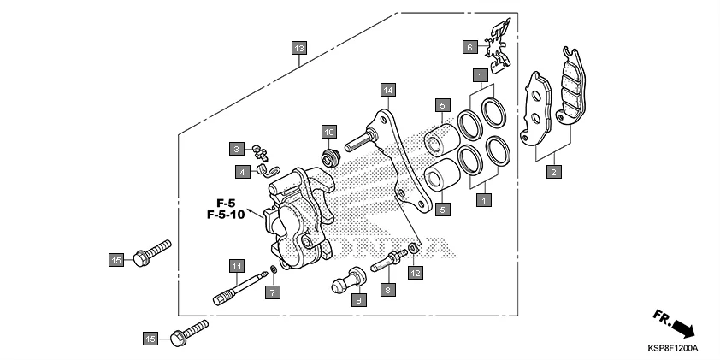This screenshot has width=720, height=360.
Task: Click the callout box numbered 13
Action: tap(298, 49)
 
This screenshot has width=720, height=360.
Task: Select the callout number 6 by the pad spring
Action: tap(469, 47)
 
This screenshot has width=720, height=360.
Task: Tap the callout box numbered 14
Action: tap(387, 90)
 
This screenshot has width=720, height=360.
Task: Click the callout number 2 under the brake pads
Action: tap(554, 172)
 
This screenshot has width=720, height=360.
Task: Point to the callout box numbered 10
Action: tap(328, 131)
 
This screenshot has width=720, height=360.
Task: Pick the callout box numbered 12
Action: tap(415, 273)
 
